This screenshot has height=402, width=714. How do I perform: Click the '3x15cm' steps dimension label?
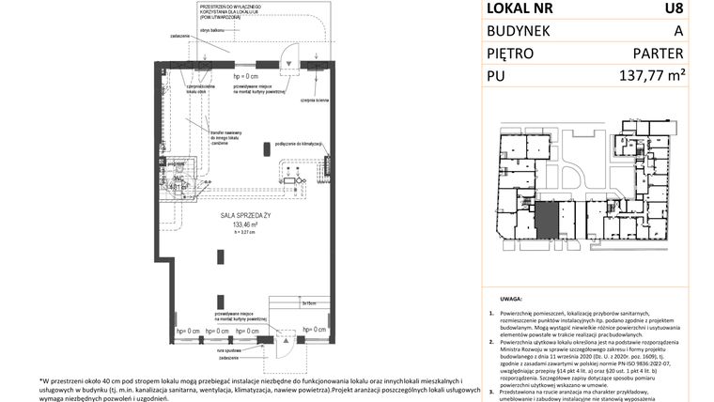pyautogui.click(x=309, y=302)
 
